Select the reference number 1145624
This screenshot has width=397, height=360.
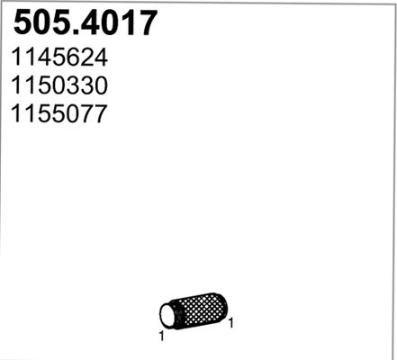pyautogui.click(x=59, y=58)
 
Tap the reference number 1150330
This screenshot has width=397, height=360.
pyautogui.click(x=59, y=86)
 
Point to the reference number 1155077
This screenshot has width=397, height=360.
pyautogui.click(x=59, y=114)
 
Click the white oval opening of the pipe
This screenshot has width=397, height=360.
pyautogui.click(x=167, y=314)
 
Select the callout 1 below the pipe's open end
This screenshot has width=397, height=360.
pyautogui.click(x=160, y=337)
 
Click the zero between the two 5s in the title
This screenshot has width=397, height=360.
pyautogui.click(x=41, y=22)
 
